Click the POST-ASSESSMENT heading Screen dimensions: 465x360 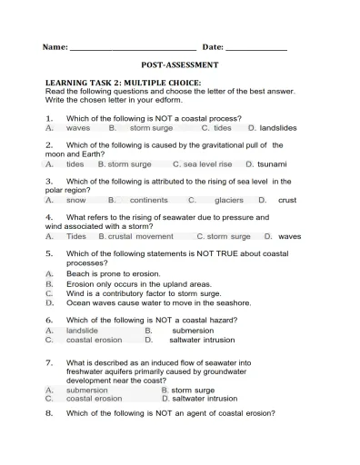(x=180, y=65)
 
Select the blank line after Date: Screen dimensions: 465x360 (x=255, y=47)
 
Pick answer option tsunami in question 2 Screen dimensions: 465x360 (x=272, y=164)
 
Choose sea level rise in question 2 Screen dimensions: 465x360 (x=207, y=164)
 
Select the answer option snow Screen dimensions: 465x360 (x=76, y=200)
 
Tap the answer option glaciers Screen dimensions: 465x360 (x=229, y=200)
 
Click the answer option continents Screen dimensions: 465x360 (x=149, y=200)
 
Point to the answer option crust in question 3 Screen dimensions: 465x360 (x=287, y=200)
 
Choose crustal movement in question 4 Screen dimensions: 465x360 (x=141, y=236)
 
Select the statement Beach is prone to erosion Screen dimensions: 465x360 (x=113, y=273)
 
